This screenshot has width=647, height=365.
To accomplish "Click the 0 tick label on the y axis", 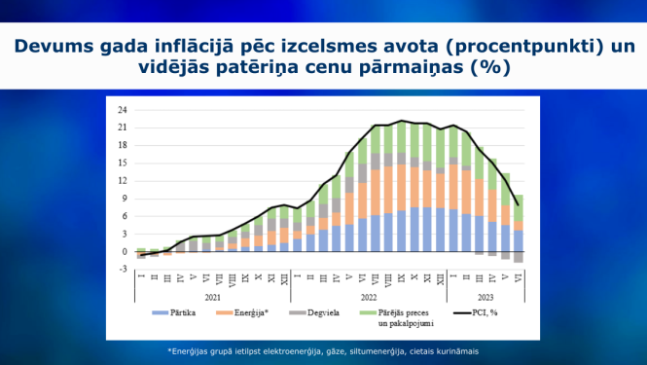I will (124, 252).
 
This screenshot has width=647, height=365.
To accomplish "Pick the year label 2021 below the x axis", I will (212, 296).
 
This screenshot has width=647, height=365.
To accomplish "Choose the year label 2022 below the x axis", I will (370, 296).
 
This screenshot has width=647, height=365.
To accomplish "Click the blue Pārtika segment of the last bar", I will (519, 240).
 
